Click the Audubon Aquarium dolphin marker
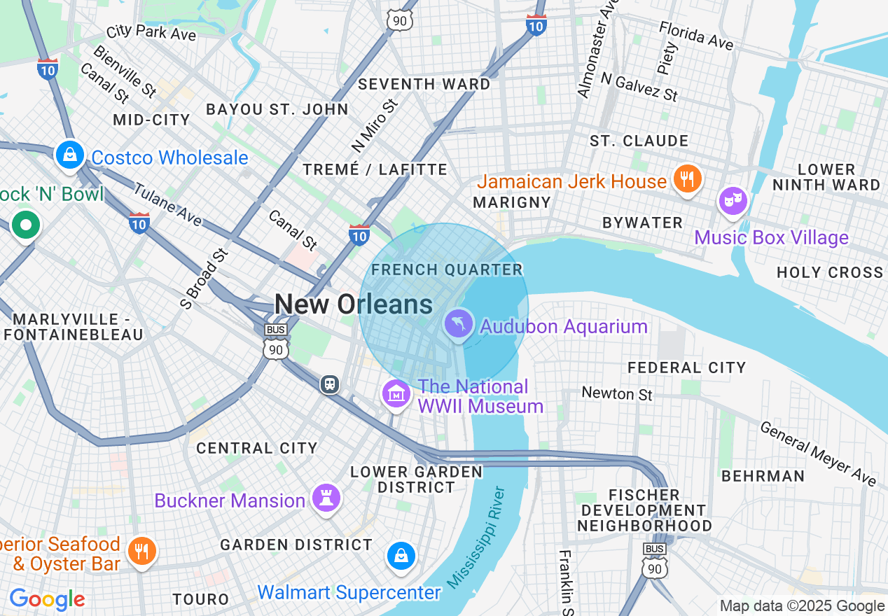pos(458,325)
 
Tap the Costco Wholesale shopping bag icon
pos(70,155)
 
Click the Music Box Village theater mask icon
pos(733,201)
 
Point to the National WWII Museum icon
pos(396,394)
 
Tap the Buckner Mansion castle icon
pos(326,498)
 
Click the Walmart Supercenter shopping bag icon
pos(401,556)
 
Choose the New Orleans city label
pos(353,304)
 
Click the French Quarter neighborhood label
pos(447,269)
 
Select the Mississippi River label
pos(476,537)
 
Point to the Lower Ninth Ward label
pos(826,177)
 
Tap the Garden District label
pos(296,545)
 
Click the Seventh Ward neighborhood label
pos(424,84)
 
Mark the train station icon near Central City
pos(330,384)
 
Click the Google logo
pos(47,599)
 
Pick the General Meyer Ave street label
pos(817,454)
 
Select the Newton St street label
pos(617,393)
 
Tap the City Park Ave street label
pos(151,33)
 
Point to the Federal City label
pos(686,367)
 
